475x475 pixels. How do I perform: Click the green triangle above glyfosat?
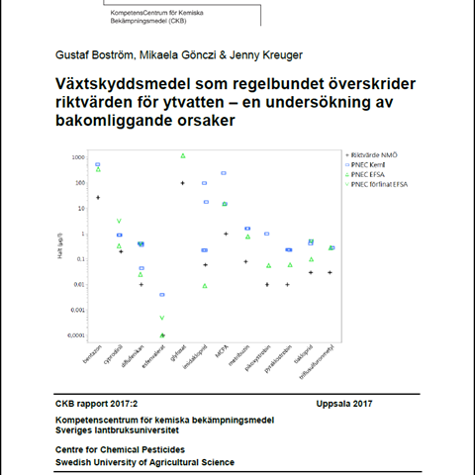[x=183, y=155]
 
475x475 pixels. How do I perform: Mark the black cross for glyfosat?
[x=183, y=183]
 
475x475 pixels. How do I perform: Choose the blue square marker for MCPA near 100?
[x=225, y=173]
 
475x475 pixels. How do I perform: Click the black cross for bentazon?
[x=98, y=198]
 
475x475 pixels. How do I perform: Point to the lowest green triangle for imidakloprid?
[x=205, y=286]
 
